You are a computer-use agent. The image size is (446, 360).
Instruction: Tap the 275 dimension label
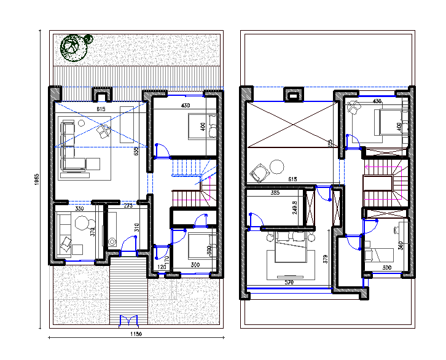128,206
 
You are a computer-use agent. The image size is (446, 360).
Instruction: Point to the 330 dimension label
80,209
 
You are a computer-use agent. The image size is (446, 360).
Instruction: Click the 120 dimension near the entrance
162,267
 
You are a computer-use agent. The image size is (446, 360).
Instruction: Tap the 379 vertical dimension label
326,259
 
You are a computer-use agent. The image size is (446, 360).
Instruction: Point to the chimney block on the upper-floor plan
293,95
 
